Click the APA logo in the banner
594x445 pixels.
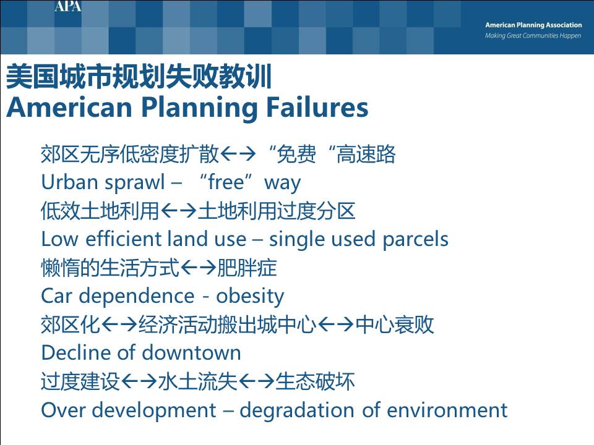coord(68,6)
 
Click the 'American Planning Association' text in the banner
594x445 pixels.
coord(533,25)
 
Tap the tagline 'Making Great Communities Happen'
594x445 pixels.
coord(533,36)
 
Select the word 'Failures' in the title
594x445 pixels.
coord(317,107)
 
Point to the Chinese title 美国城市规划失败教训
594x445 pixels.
coord(139,77)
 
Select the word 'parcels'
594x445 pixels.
coord(415,240)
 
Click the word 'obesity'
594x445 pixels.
coord(250,296)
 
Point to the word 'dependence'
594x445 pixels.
coord(136,297)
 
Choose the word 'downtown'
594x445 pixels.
coord(192,353)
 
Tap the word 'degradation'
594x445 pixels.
coord(297,410)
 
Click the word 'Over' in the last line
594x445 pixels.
coord(63,410)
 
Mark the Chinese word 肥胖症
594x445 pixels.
coord(247,268)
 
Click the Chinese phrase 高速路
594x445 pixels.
coord(366,154)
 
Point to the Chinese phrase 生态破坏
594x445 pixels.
coord(315,381)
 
